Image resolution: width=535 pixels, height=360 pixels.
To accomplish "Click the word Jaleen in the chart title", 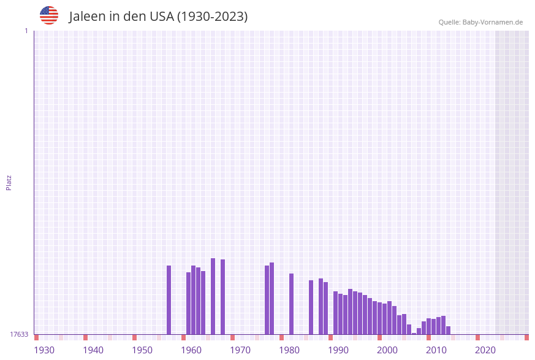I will coord(87,17).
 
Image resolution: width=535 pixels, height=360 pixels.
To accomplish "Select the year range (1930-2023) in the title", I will coord(212,17).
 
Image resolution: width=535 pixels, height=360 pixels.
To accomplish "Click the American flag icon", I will coord(49,15).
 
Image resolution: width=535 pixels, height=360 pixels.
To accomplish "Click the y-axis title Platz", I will coord(9,182).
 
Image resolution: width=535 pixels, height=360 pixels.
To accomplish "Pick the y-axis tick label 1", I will coord(26,31).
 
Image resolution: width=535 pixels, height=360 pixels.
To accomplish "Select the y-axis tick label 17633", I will coord(19,334).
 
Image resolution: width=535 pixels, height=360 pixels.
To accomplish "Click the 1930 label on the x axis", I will coord(44,350).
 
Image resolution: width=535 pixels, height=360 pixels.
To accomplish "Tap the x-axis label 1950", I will coord(142,350).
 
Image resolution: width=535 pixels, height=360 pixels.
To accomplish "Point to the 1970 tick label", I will coord(240,350).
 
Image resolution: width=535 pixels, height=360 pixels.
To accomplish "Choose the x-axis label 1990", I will coord(338,350).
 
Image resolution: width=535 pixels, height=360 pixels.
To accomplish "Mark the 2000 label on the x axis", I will coord(387,350).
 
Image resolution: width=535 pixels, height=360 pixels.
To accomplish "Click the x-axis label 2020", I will coord(485,350).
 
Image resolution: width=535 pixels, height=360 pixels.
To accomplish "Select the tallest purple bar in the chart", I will coord(213,296).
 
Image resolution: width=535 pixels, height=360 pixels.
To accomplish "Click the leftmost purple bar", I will coord(169,300).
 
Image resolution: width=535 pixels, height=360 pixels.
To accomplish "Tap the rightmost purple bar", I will coord(449,330).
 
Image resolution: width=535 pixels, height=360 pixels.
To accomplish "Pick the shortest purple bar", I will coord(414,333).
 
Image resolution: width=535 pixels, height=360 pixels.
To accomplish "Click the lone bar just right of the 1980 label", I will coord(292,304).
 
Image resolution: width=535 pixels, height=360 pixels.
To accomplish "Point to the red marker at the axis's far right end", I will coord(526,337).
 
